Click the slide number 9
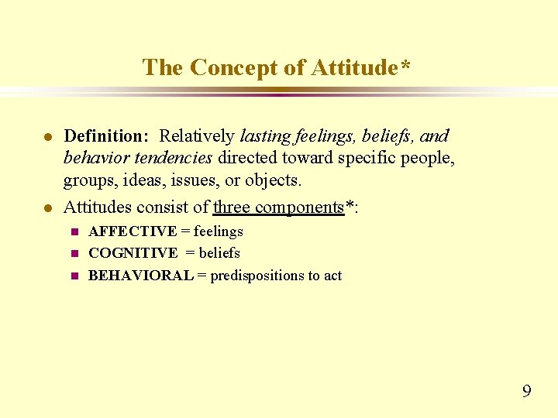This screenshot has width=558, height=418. (x=527, y=391)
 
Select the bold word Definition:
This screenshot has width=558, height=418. (x=106, y=136)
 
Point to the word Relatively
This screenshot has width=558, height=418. (x=197, y=136)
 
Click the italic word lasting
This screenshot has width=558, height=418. (x=266, y=136)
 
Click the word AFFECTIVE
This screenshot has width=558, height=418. (x=133, y=231)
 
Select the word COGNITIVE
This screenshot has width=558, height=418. (x=133, y=253)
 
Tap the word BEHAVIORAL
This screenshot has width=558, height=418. (x=141, y=276)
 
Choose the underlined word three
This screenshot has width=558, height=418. (x=232, y=207)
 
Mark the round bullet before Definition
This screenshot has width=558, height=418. (x=47, y=137)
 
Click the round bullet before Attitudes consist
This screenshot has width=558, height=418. (x=47, y=207)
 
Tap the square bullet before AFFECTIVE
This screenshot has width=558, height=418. (x=74, y=231)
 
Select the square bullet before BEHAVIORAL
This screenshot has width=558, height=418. (x=74, y=276)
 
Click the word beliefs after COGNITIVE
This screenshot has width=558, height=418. (x=219, y=253)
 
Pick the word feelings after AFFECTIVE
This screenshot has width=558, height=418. (x=218, y=231)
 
